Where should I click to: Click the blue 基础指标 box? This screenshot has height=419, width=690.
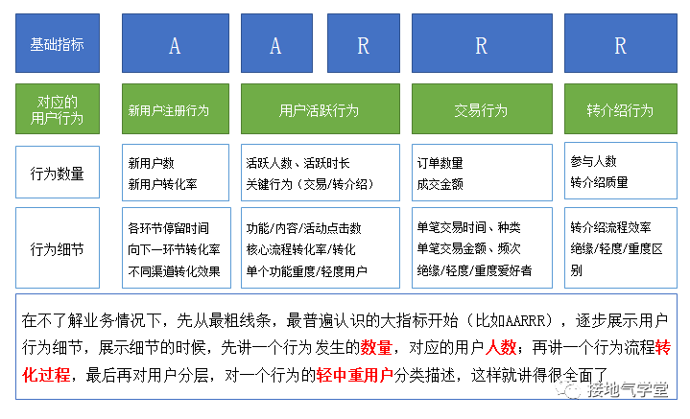click(x=58, y=43)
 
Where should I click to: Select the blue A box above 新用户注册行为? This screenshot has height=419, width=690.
click(x=176, y=43)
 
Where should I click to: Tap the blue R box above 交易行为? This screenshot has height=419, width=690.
click(x=482, y=43)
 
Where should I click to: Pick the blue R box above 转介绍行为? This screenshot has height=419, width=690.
click(x=621, y=43)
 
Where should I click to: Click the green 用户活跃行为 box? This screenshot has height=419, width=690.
click(x=321, y=109)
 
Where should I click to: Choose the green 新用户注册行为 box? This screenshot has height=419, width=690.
click(x=176, y=109)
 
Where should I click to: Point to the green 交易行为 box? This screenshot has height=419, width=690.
click(x=482, y=109)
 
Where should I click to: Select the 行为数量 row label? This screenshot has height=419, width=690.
click(x=58, y=173)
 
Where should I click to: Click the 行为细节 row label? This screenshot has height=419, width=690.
click(x=58, y=248)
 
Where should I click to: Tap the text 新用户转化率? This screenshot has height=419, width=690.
click(x=162, y=184)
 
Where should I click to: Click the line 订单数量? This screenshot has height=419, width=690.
click(x=440, y=163)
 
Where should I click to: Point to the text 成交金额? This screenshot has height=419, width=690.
click(x=440, y=184)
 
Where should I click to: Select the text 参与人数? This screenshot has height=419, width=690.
click(x=593, y=161)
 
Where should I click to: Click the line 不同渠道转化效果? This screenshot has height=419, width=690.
click(x=174, y=271)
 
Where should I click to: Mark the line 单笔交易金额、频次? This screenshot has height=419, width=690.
click(x=468, y=249)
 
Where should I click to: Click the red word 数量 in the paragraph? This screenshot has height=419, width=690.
click(x=376, y=348)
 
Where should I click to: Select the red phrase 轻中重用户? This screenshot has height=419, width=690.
click(x=354, y=375)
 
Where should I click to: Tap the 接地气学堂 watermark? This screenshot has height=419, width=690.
click(x=612, y=389)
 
